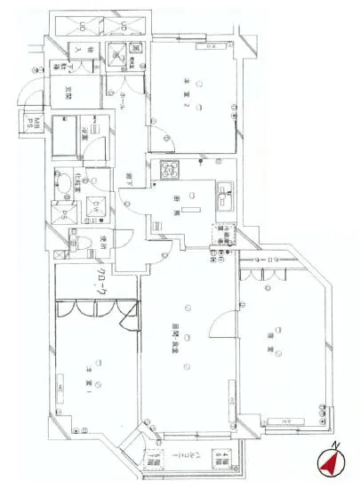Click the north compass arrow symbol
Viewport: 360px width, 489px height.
point(331,462)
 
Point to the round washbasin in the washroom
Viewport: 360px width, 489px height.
point(66,186)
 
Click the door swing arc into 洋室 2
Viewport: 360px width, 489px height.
point(161,138)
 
